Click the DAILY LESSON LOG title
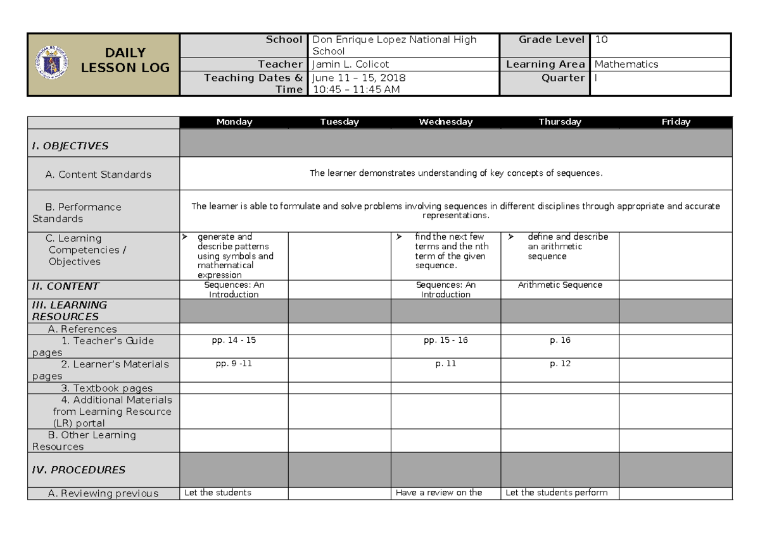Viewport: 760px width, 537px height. [x=125, y=60]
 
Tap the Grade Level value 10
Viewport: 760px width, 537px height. [x=602, y=40]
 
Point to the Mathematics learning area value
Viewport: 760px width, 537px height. [x=626, y=65]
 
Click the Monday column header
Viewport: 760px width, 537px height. [x=234, y=123]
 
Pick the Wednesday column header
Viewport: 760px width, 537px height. [x=445, y=123]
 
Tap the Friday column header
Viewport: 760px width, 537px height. [x=675, y=123]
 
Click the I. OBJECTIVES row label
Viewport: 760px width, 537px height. [x=70, y=146]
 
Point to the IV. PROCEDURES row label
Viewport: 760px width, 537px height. [x=79, y=470]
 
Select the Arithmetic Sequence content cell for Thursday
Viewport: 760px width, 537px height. [x=560, y=285]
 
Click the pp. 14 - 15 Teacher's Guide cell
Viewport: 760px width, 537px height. [x=234, y=340]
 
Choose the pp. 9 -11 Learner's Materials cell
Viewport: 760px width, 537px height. [x=234, y=364]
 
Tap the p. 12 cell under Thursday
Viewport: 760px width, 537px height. [x=560, y=364]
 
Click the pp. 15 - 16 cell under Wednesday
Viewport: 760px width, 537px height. [x=445, y=340]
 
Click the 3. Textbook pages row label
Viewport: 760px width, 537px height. [x=106, y=388]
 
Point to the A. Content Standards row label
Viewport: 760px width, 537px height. [x=98, y=175]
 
